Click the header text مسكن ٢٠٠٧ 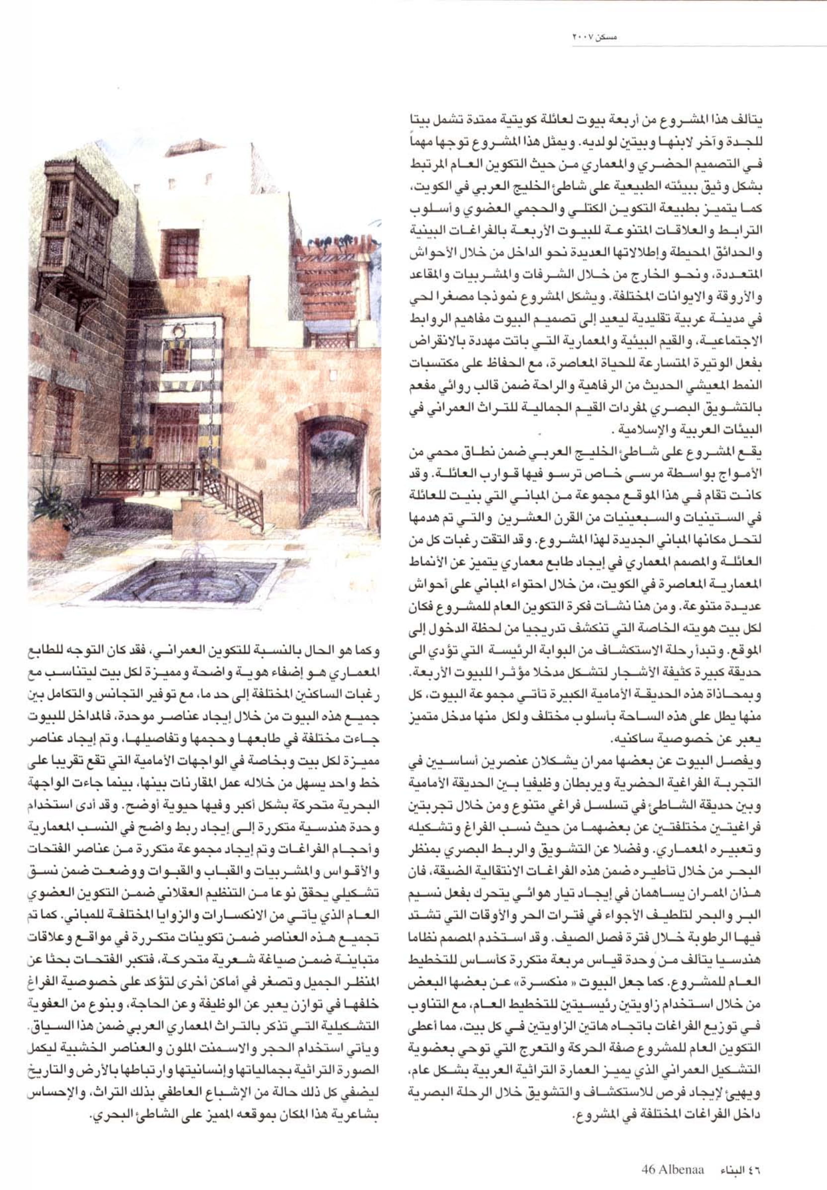tap(596, 37)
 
